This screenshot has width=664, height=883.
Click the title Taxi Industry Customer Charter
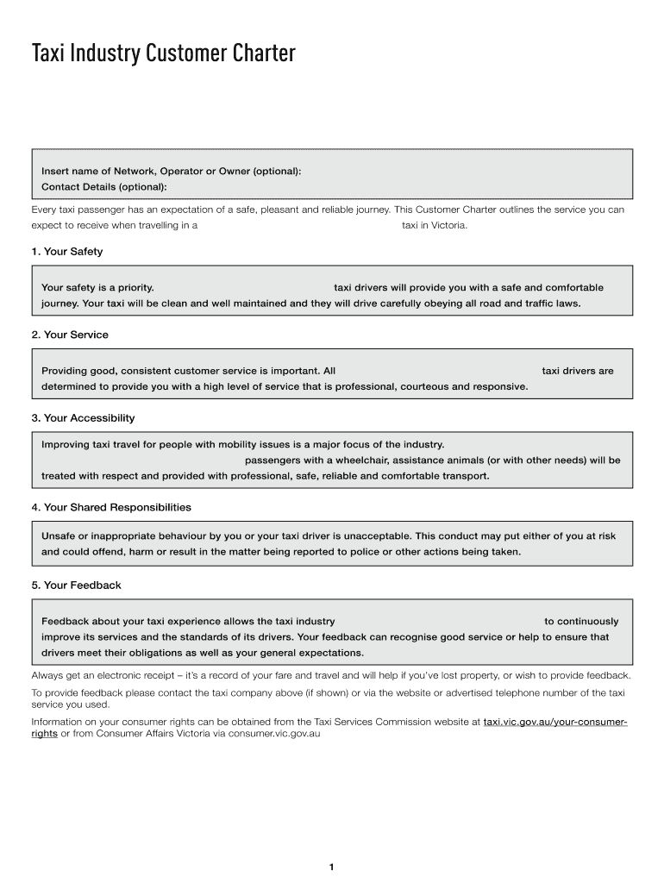click(164, 54)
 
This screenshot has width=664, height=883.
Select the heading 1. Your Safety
click(66, 252)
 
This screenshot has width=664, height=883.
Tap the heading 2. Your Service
click(70, 335)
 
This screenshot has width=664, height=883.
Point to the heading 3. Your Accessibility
click(83, 418)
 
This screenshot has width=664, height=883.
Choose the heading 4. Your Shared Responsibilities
click(111, 507)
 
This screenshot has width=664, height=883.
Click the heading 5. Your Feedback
click(76, 586)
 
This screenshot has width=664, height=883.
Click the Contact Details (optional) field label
click(104, 186)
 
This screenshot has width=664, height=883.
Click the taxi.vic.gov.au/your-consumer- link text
click(555, 722)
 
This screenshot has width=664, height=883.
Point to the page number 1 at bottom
click(331, 867)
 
